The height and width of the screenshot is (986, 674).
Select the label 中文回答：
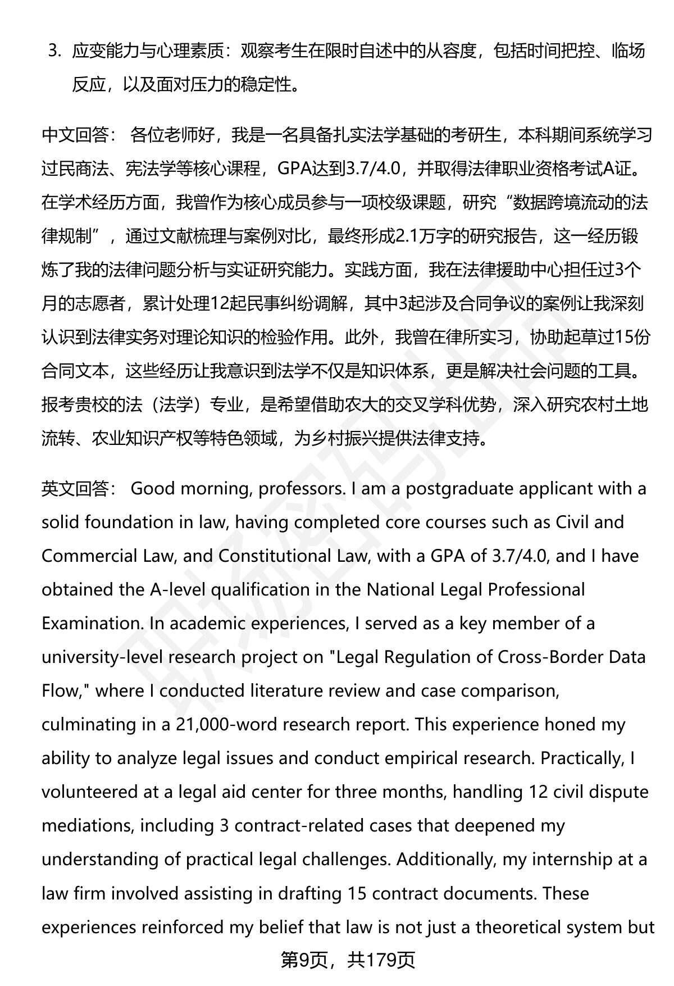79,135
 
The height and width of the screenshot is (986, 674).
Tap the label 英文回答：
79,489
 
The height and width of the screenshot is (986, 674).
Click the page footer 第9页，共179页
348,960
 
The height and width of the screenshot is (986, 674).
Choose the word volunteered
89,792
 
